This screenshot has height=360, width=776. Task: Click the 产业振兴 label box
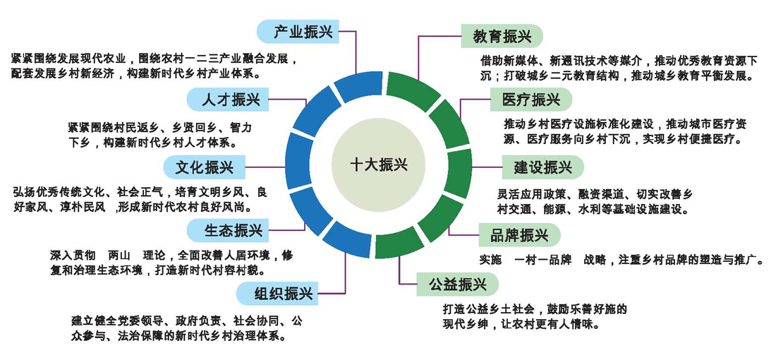(x=296, y=31)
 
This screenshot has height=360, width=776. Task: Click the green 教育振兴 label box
(x=502, y=36)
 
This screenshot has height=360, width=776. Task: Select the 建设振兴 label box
(x=542, y=168)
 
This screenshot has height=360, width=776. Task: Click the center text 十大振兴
(x=378, y=164)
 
